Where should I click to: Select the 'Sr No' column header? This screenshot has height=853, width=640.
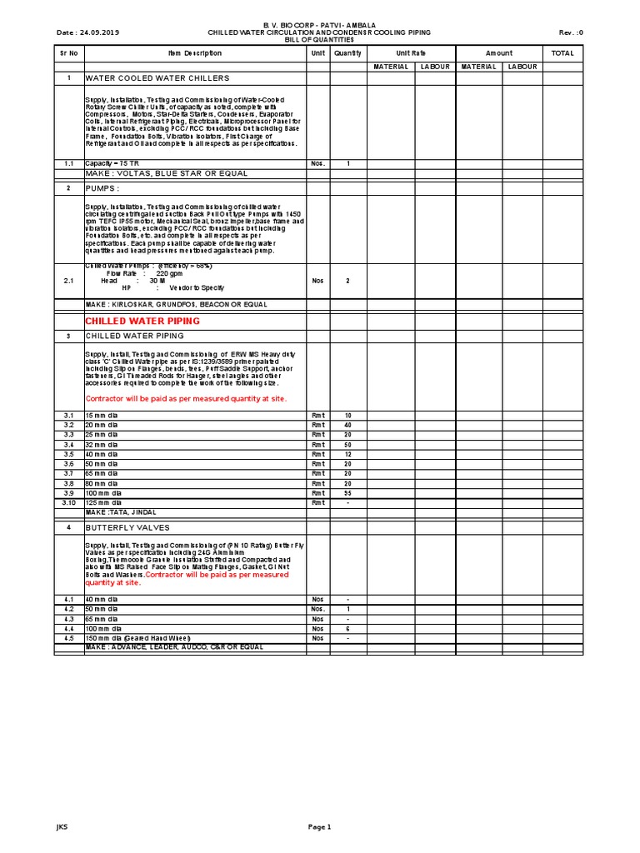pos(68,52)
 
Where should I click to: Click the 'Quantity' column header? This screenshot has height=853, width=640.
pos(348,52)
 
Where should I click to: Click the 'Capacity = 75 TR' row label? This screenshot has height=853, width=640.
pos(112,163)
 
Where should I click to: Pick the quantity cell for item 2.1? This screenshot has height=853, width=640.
pos(348,281)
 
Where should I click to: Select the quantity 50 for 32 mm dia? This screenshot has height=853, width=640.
pos(348,445)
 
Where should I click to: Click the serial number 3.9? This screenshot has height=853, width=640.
pos(68,493)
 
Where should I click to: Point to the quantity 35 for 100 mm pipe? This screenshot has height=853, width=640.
pos(348,493)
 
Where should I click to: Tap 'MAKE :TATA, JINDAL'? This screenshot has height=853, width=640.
pos(121,512)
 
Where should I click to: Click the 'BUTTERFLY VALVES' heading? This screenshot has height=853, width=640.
pos(127,528)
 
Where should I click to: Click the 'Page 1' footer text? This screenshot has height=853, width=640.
pos(320,826)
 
